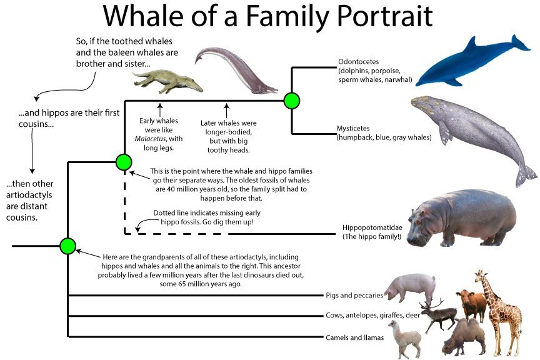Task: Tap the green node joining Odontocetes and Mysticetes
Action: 291,100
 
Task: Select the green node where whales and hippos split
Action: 124,162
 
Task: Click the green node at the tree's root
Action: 67,246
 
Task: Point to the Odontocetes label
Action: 356,62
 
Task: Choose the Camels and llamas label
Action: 351,337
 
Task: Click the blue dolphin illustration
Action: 469,62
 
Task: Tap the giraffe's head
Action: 480,277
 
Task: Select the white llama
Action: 404,337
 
